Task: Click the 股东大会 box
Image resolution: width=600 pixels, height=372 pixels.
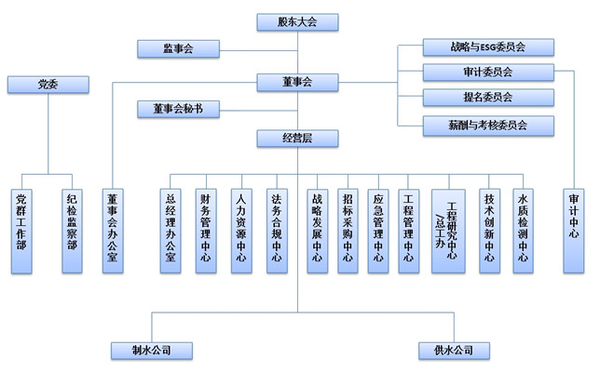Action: [x=296, y=21]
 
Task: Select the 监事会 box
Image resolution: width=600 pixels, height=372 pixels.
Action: [x=178, y=47]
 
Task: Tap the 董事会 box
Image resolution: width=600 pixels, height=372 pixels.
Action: [x=296, y=82]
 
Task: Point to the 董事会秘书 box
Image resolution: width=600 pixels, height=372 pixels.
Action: [x=178, y=110]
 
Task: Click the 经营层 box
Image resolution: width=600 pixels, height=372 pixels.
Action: [x=296, y=138]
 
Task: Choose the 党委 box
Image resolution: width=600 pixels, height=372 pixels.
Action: [x=48, y=85]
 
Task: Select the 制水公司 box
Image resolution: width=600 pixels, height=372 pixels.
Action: [x=151, y=351]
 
